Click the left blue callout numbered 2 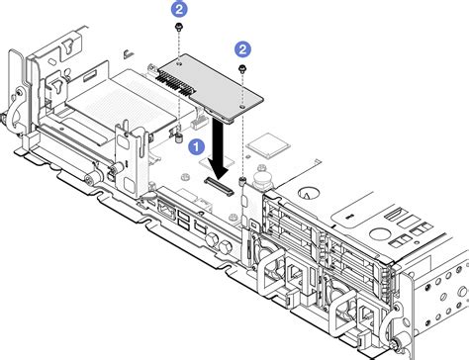tap(178, 8)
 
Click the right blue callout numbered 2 tap(241, 46)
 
